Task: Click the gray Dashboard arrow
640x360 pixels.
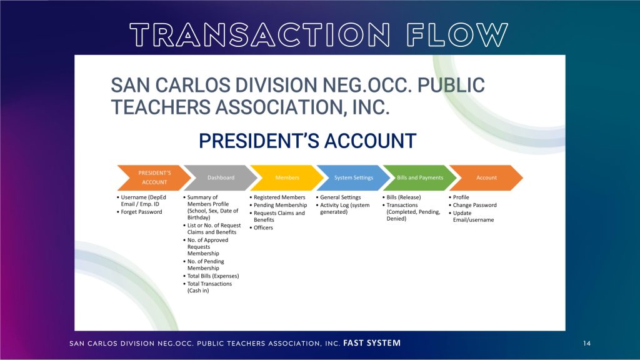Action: click(x=221, y=177)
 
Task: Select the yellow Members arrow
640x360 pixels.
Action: click(x=287, y=177)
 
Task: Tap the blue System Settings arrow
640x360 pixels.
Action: click(x=354, y=177)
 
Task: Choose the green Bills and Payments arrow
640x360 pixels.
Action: click(x=420, y=177)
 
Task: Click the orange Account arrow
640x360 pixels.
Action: click(x=486, y=177)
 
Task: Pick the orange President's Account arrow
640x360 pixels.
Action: click(x=154, y=177)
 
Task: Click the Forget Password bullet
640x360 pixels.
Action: click(x=139, y=212)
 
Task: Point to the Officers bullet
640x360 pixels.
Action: click(x=261, y=227)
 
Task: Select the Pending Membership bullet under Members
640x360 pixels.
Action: click(x=278, y=205)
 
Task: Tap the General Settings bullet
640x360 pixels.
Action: click(x=338, y=197)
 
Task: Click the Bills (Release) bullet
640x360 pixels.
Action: click(x=402, y=197)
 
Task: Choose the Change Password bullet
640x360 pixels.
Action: click(x=472, y=205)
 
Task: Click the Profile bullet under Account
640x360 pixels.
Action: click(x=459, y=197)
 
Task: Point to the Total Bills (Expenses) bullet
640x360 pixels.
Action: click(x=211, y=276)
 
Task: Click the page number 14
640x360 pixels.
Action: click(x=587, y=343)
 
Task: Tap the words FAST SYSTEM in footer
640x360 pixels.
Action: click(x=372, y=343)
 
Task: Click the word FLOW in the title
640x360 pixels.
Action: click(x=457, y=35)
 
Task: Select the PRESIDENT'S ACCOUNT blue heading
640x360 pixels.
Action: click(x=307, y=141)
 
